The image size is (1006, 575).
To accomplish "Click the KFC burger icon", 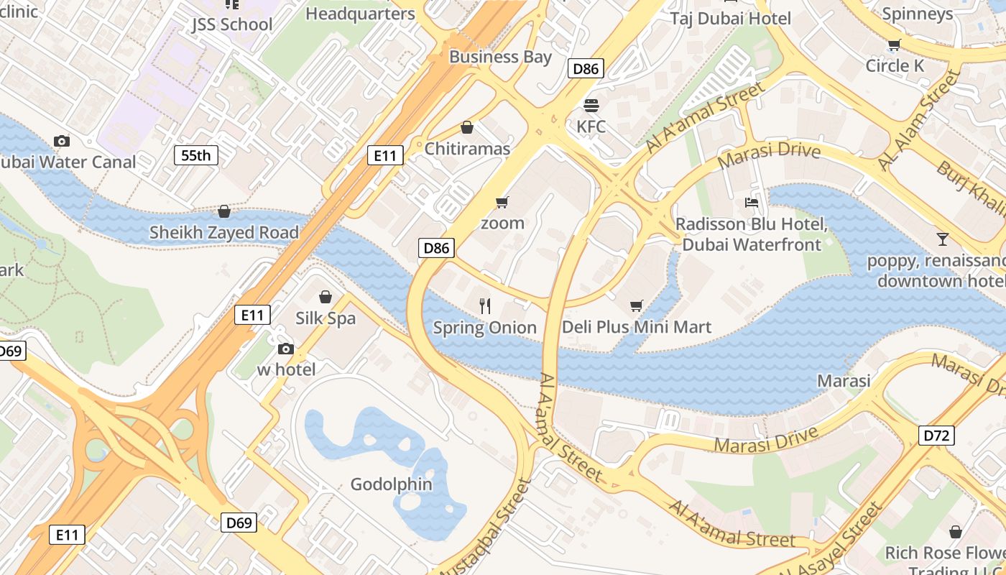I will tap(591, 106).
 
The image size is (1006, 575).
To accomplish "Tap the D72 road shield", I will tap(936, 435).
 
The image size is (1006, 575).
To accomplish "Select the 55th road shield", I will tap(195, 155).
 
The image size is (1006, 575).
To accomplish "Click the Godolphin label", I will tap(391, 484).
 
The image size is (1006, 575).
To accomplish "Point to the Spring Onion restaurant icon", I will tap(485, 306).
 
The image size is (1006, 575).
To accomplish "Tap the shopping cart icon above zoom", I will tap(502, 202).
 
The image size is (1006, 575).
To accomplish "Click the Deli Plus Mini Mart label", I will tap(636, 327).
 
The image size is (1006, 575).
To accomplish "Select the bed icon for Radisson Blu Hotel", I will tap(752, 203).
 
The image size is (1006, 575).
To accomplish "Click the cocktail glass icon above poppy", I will tap(942, 239).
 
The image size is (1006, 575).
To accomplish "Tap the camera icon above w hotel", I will tap(286, 349).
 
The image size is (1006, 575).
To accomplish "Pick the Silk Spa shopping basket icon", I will tap(326, 297).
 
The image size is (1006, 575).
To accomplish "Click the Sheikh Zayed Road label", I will tap(223, 232).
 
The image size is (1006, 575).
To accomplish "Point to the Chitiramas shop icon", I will tap(467, 127).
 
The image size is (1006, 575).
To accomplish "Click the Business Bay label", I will tap(500, 57).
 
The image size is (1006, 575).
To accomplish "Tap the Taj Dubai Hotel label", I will tap(730, 19).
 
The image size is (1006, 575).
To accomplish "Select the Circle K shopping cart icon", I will tap(894, 45).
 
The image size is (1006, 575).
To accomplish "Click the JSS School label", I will tap(231, 24).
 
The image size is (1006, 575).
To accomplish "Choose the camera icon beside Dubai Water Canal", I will tap(62, 141).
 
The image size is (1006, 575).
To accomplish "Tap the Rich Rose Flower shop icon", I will tap(955, 532).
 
